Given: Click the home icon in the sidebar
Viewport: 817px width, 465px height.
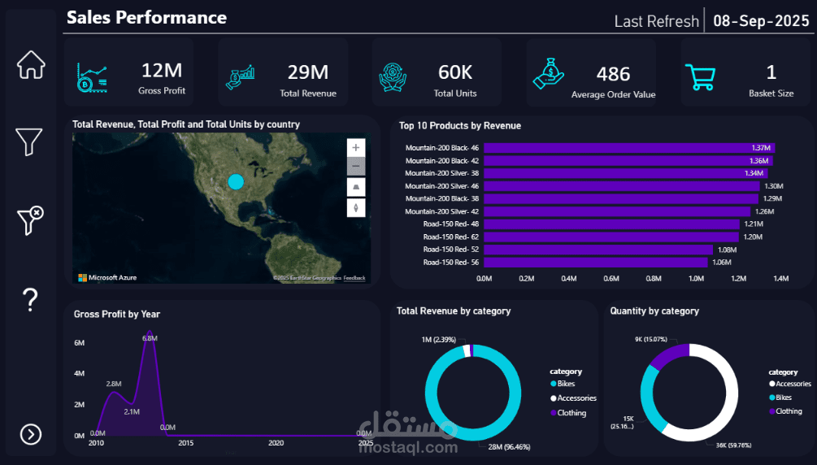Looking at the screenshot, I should (x=31, y=65).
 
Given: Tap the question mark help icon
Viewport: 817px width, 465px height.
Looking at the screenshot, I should (x=31, y=300).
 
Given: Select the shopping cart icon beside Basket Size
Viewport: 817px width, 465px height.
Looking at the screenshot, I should (x=700, y=77).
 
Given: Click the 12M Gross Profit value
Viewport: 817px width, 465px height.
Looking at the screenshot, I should (x=162, y=72).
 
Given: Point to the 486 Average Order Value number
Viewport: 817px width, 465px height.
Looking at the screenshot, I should (x=613, y=75).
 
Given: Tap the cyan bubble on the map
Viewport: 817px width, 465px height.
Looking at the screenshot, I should (x=236, y=181).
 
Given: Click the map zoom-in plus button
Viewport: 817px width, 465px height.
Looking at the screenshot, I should (x=356, y=147).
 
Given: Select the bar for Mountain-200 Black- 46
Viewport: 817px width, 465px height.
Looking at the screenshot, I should (x=629, y=148).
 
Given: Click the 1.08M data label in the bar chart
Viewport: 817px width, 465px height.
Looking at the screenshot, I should (x=723, y=250).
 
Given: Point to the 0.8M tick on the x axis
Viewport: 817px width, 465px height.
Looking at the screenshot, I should (x=654, y=278).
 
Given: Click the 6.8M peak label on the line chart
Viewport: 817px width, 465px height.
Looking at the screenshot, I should (x=149, y=338).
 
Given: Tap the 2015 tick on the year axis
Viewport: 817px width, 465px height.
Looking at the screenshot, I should (x=186, y=443).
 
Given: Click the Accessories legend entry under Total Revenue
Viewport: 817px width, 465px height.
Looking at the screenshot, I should (x=576, y=398).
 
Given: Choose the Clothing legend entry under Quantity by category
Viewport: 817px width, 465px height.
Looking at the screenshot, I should (x=789, y=411).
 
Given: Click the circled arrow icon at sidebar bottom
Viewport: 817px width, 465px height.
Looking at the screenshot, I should (x=31, y=435).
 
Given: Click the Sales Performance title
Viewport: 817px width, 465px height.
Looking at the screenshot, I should (x=146, y=17).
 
